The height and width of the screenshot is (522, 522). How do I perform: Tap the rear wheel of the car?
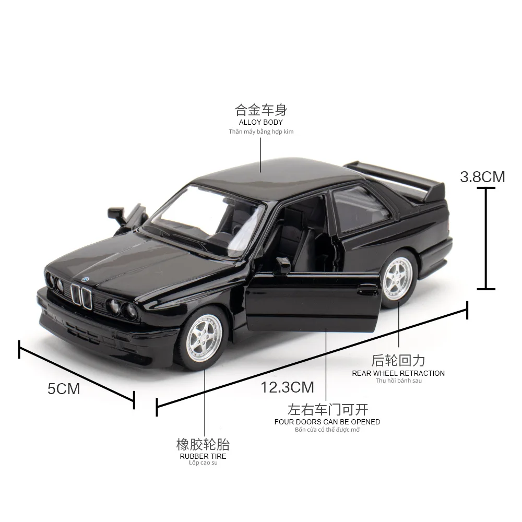tap(399, 281)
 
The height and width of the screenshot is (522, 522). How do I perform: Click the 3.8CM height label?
tap(482, 176)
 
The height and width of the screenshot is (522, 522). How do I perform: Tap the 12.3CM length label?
tap(288, 387)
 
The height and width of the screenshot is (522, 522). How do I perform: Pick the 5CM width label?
tap(64, 389)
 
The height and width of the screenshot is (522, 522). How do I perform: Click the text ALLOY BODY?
tap(261, 122)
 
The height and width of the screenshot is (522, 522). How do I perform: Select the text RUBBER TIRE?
tap(204, 456)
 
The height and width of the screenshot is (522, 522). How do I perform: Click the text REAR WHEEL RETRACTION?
tap(398, 373)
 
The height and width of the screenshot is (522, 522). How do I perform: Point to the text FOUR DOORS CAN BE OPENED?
tap(327, 422)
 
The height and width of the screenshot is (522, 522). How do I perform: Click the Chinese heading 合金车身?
tap(261, 110)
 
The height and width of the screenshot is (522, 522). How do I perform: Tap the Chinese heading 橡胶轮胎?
tap(203, 445)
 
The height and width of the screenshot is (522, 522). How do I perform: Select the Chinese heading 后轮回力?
tap(398, 361)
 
